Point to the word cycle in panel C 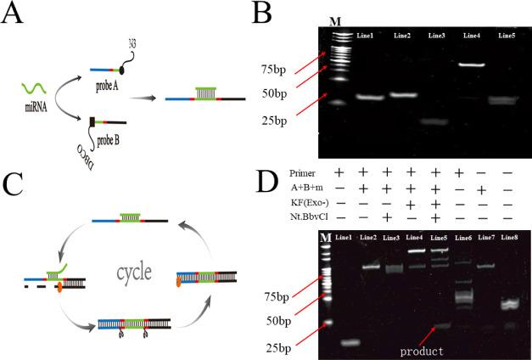[134, 273]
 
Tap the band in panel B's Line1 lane [371, 97]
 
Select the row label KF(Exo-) [284, 202]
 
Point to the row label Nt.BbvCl [284, 218]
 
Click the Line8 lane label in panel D [509, 237]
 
